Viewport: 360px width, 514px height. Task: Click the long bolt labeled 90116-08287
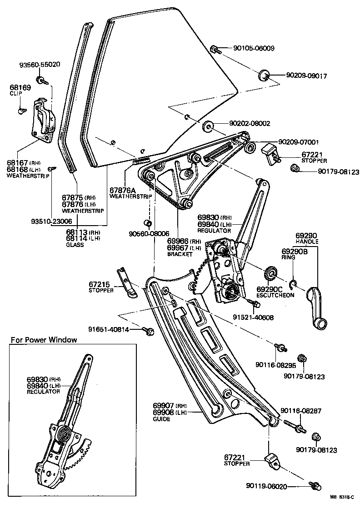(x=294, y=428)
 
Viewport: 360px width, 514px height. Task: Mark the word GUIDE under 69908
(x=161, y=418)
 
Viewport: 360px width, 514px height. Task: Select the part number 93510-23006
(x=51, y=222)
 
